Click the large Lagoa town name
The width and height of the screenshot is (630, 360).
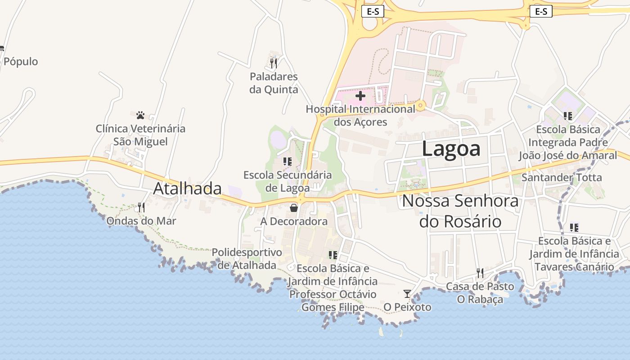coord(451,149)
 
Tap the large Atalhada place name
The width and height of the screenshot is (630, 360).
coord(187,189)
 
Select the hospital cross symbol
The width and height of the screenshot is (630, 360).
coord(360,96)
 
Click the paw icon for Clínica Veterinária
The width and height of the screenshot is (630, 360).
coord(140,115)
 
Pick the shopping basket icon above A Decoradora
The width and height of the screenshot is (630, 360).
coord(294,208)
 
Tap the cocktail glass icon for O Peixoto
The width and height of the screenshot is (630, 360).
coord(407,294)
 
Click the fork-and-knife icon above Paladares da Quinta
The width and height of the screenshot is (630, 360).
coord(274,63)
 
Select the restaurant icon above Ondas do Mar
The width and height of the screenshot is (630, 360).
coord(141,207)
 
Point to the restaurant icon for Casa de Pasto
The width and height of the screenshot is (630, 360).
coord(480,273)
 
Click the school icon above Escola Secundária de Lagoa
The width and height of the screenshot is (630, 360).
coord(288,161)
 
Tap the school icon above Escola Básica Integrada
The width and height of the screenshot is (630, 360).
coord(568,116)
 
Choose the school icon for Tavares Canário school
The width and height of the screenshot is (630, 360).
coord(574,228)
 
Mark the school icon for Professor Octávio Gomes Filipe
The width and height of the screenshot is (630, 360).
coord(333,255)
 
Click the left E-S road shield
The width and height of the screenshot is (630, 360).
coord(373,12)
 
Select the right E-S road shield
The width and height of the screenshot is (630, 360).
coord(541,12)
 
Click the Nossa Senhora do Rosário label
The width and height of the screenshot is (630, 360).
coord(460,211)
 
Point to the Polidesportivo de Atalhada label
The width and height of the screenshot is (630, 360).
coord(247,259)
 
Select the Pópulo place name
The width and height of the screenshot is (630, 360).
coord(21,62)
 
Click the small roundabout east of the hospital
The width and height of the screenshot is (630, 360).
coord(421,106)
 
